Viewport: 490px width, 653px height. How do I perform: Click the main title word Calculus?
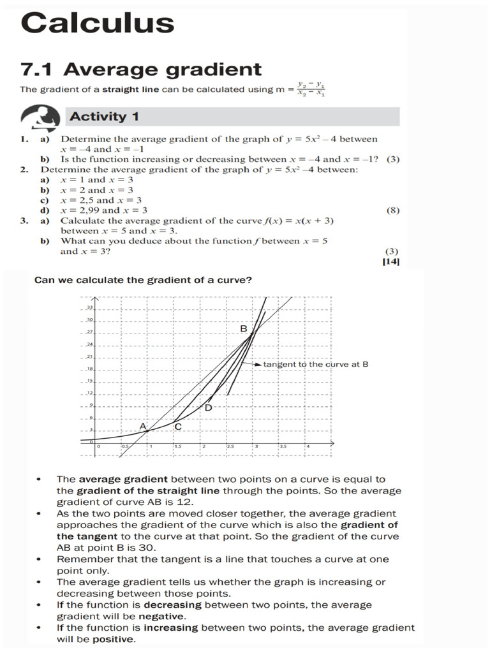(x=97, y=23)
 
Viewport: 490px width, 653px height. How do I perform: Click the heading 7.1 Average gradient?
(x=140, y=69)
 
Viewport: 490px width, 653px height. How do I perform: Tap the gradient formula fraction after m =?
(x=312, y=89)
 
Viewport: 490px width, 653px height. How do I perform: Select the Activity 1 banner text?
(x=104, y=117)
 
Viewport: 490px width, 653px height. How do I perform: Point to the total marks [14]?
(x=390, y=262)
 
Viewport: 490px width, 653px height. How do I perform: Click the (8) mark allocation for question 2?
(x=393, y=210)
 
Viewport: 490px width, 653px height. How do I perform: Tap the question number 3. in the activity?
(x=24, y=221)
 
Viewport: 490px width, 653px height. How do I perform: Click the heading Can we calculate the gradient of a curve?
(x=142, y=279)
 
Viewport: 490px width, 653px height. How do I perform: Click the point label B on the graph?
(x=243, y=328)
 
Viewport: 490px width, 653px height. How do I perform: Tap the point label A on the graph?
(x=143, y=425)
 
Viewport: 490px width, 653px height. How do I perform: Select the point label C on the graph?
(x=178, y=427)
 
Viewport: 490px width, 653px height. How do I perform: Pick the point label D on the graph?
(x=208, y=407)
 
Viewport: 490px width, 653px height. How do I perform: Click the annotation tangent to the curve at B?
(x=316, y=365)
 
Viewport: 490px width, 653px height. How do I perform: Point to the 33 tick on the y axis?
(x=89, y=307)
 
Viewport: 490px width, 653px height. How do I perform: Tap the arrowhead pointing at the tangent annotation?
(x=258, y=365)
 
